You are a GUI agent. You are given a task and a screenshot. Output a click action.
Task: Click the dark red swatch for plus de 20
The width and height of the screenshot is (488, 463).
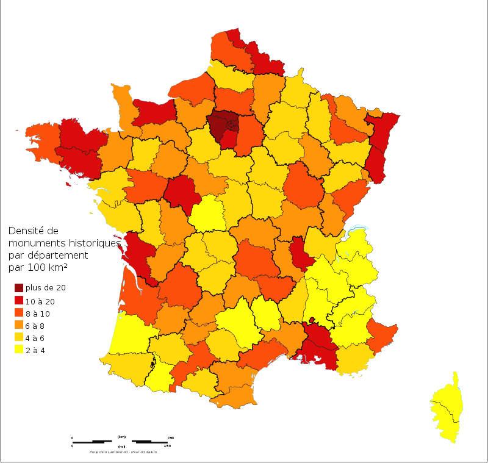pos(19,288)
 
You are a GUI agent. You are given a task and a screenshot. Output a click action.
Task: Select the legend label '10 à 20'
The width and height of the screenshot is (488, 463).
pos(39,301)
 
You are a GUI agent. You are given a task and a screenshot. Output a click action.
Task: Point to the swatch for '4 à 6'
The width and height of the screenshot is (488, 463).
pos(19,338)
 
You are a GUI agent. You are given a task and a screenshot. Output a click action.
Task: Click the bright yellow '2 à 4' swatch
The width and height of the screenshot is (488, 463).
pos(19,350)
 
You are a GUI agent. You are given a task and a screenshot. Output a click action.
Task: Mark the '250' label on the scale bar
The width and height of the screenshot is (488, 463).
pos(171,438)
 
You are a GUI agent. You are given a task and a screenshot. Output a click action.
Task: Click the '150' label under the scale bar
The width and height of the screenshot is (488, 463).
pos(167,446)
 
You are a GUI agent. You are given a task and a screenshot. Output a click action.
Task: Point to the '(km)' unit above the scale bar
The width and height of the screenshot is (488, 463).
pos(121,437)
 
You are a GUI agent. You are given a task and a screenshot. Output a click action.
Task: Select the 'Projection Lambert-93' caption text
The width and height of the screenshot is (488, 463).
pos(110,452)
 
